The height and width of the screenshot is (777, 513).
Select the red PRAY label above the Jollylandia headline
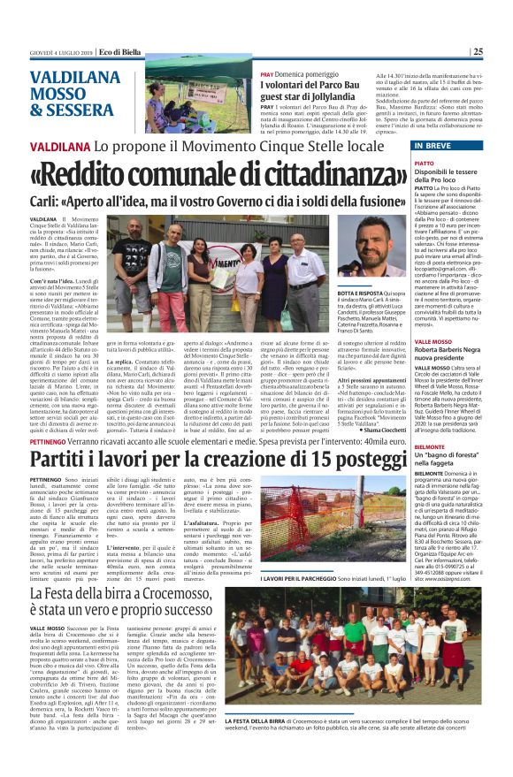[267, 74]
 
